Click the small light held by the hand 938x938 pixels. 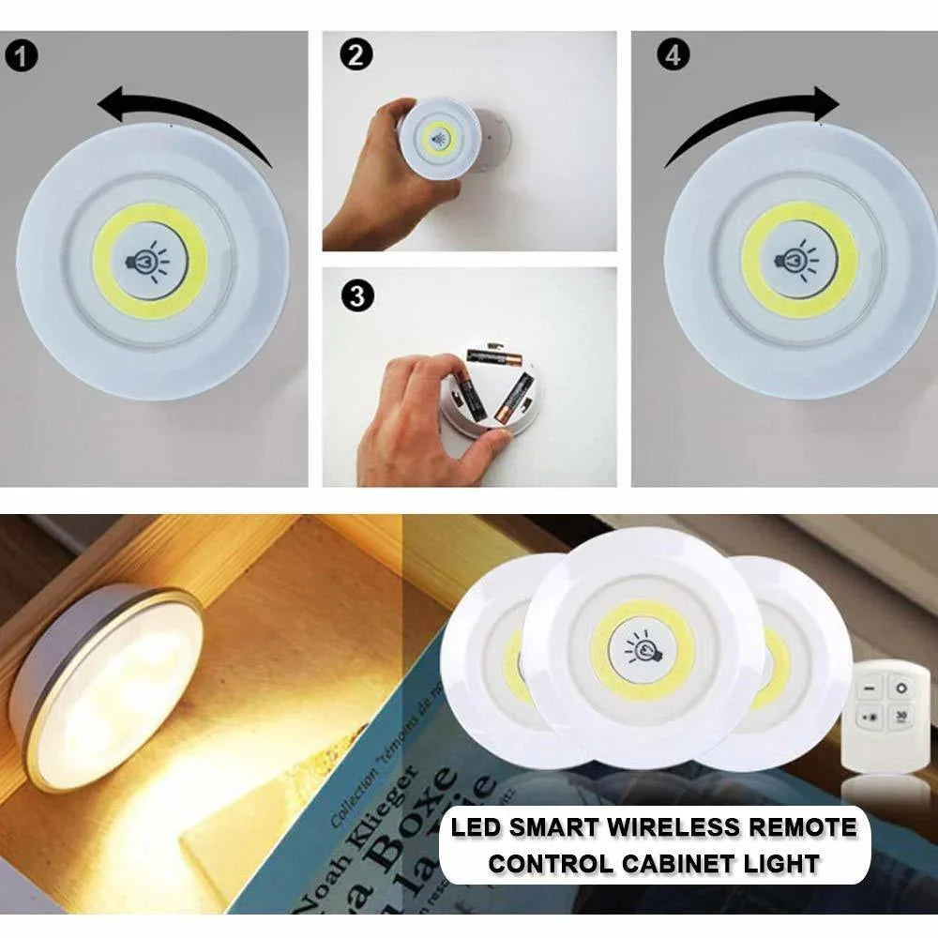[x=438, y=140]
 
